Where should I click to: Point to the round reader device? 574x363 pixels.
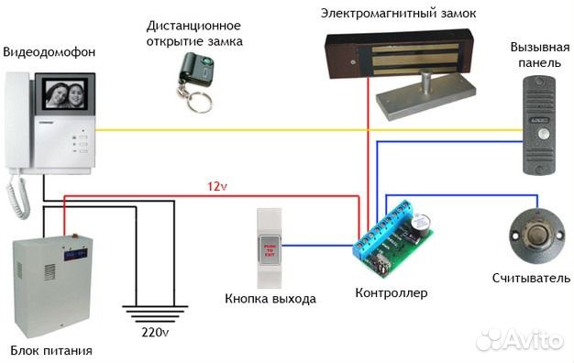coord(534,233)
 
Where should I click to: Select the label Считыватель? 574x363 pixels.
coord(524,278)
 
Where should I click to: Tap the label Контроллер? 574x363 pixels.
coord(391,293)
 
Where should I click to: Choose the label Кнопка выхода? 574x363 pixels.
coord(270,299)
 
